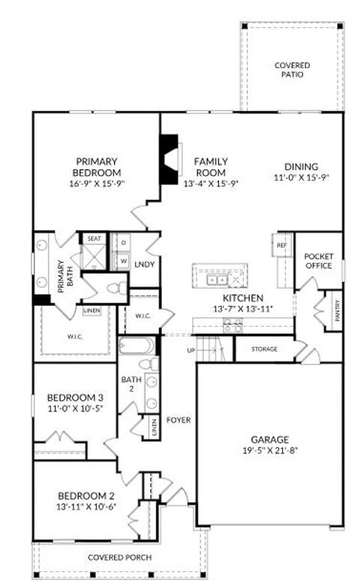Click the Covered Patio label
(292, 70)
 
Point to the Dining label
(301, 166)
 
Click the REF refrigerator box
(282, 245)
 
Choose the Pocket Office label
(319, 261)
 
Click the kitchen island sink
(217, 279)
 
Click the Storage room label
(264, 349)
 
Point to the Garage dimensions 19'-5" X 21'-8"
(270, 451)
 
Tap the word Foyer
(178, 420)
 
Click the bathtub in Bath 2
(136, 346)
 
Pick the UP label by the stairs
(190, 350)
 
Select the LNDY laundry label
(143, 265)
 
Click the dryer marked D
(122, 244)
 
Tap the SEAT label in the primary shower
(94, 238)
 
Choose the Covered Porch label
(119, 557)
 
